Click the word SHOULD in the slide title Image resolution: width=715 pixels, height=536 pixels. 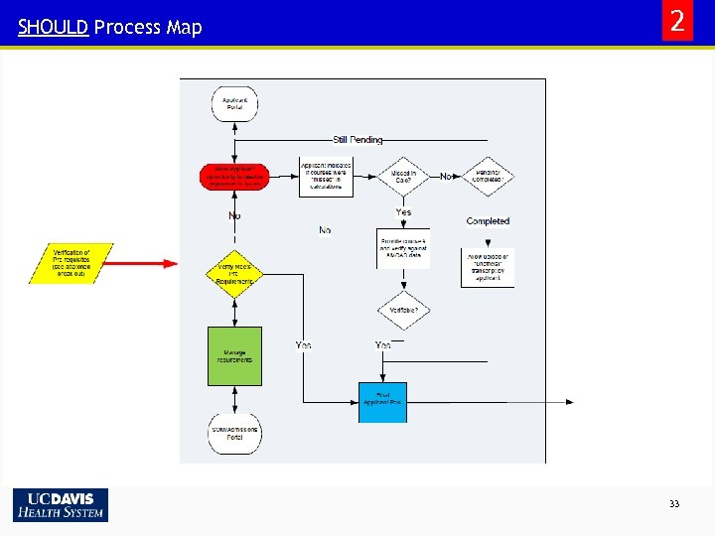53,28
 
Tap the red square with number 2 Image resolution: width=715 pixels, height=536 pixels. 677,22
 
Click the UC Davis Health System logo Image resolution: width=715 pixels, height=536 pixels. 61,504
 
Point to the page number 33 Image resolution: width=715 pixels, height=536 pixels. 674,504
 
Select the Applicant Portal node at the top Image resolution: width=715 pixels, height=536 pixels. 234,103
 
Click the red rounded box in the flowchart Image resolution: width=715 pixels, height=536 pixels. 234,177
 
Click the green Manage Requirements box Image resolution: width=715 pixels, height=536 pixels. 234,355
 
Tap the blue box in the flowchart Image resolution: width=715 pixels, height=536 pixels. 382,401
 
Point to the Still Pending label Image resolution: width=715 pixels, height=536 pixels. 357,140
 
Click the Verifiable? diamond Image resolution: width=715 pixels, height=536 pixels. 403,310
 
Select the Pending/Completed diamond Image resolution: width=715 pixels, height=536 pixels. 488,177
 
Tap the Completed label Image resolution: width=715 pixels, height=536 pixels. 488,221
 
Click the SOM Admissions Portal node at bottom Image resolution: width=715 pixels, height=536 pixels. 234,435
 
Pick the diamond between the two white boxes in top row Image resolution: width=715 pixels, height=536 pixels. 403,177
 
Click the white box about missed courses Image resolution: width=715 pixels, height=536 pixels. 326,177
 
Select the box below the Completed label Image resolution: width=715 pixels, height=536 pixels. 488,267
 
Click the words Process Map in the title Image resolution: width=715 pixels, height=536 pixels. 148,28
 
